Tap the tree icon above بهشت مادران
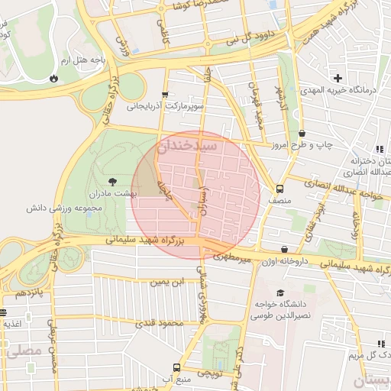(113, 182)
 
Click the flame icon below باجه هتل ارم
(53, 78)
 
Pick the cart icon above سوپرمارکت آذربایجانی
(165, 95)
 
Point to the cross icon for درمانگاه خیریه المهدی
(338, 78)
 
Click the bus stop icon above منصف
(280, 189)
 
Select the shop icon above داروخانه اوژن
(285, 249)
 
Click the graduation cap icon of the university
(280, 292)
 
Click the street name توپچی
(210, 373)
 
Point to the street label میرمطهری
(232, 260)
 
